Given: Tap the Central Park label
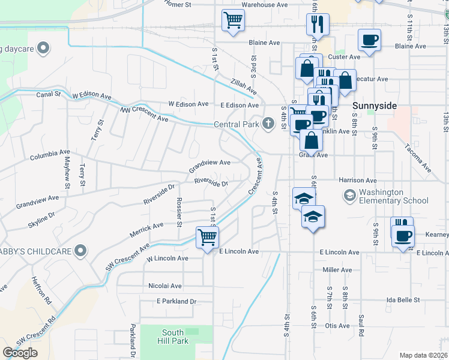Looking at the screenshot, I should pos(237,125).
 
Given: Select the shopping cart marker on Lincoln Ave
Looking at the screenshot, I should pos(207,237).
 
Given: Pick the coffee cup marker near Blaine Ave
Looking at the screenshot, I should pos(369,40).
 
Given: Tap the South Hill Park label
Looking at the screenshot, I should pos(175,337).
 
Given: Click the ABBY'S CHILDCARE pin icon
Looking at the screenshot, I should pos(81,251).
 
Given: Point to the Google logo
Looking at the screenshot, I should pos(20,353).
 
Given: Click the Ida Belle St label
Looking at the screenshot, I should pos(403,299).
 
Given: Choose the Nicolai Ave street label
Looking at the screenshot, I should pos(165,286).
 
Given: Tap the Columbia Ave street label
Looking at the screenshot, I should pos(50,156).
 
